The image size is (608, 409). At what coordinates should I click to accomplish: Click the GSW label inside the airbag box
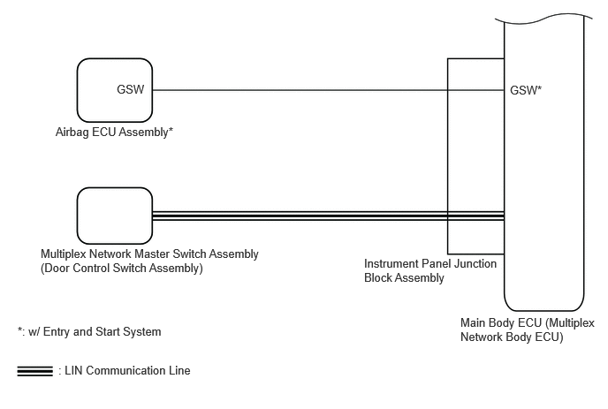(130, 89)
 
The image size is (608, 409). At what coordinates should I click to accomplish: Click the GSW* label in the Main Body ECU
(526, 90)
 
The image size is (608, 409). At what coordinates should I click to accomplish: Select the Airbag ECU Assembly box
(115, 90)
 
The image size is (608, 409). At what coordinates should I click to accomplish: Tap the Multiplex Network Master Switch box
(115, 216)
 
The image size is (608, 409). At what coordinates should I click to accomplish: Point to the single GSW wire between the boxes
(328, 90)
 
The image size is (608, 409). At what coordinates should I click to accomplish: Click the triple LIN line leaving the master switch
(328, 216)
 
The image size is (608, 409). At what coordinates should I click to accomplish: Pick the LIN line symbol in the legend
(34, 371)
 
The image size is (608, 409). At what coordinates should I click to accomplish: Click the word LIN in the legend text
(73, 371)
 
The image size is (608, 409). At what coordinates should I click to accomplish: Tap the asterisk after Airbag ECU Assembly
(171, 130)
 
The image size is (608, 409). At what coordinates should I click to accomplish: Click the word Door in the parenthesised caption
(57, 269)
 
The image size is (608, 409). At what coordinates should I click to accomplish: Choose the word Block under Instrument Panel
(377, 278)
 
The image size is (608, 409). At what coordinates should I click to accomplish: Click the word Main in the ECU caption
(472, 323)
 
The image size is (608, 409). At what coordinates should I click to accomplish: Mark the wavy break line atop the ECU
(543, 19)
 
